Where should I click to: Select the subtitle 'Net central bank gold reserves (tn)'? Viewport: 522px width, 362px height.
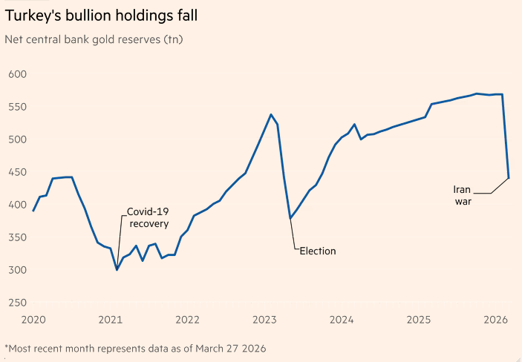(x=94, y=39)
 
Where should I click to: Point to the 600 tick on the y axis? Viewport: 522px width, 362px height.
(x=18, y=74)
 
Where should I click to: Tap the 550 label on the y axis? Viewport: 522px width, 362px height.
(x=18, y=107)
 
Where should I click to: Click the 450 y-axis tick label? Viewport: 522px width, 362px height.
(x=18, y=172)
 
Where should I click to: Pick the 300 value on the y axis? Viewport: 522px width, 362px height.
(x=18, y=270)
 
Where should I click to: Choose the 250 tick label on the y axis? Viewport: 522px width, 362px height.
(x=18, y=303)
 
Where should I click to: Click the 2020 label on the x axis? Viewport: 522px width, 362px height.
(x=33, y=320)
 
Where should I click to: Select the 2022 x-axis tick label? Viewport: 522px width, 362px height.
(x=187, y=320)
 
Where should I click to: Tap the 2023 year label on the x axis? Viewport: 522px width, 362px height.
(x=264, y=320)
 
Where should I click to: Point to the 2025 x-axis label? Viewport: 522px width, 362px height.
(x=419, y=320)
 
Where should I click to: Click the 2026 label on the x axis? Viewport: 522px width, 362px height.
(x=495, y=320)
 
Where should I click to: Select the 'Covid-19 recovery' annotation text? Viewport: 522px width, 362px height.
(x=149, y=217)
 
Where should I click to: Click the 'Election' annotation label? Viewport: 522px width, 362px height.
(x=318, y=251)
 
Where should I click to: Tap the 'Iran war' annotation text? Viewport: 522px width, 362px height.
(x=462, y=194)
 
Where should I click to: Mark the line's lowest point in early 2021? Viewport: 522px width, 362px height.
(x=117, y=269)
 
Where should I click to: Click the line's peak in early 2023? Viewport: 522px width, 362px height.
(x=271, y=114)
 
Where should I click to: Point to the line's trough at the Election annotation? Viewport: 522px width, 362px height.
(x=290, y=218)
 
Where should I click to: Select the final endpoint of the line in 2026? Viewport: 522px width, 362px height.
(x=509, y=178)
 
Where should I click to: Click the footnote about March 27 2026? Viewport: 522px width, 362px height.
(x=135, y=348)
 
